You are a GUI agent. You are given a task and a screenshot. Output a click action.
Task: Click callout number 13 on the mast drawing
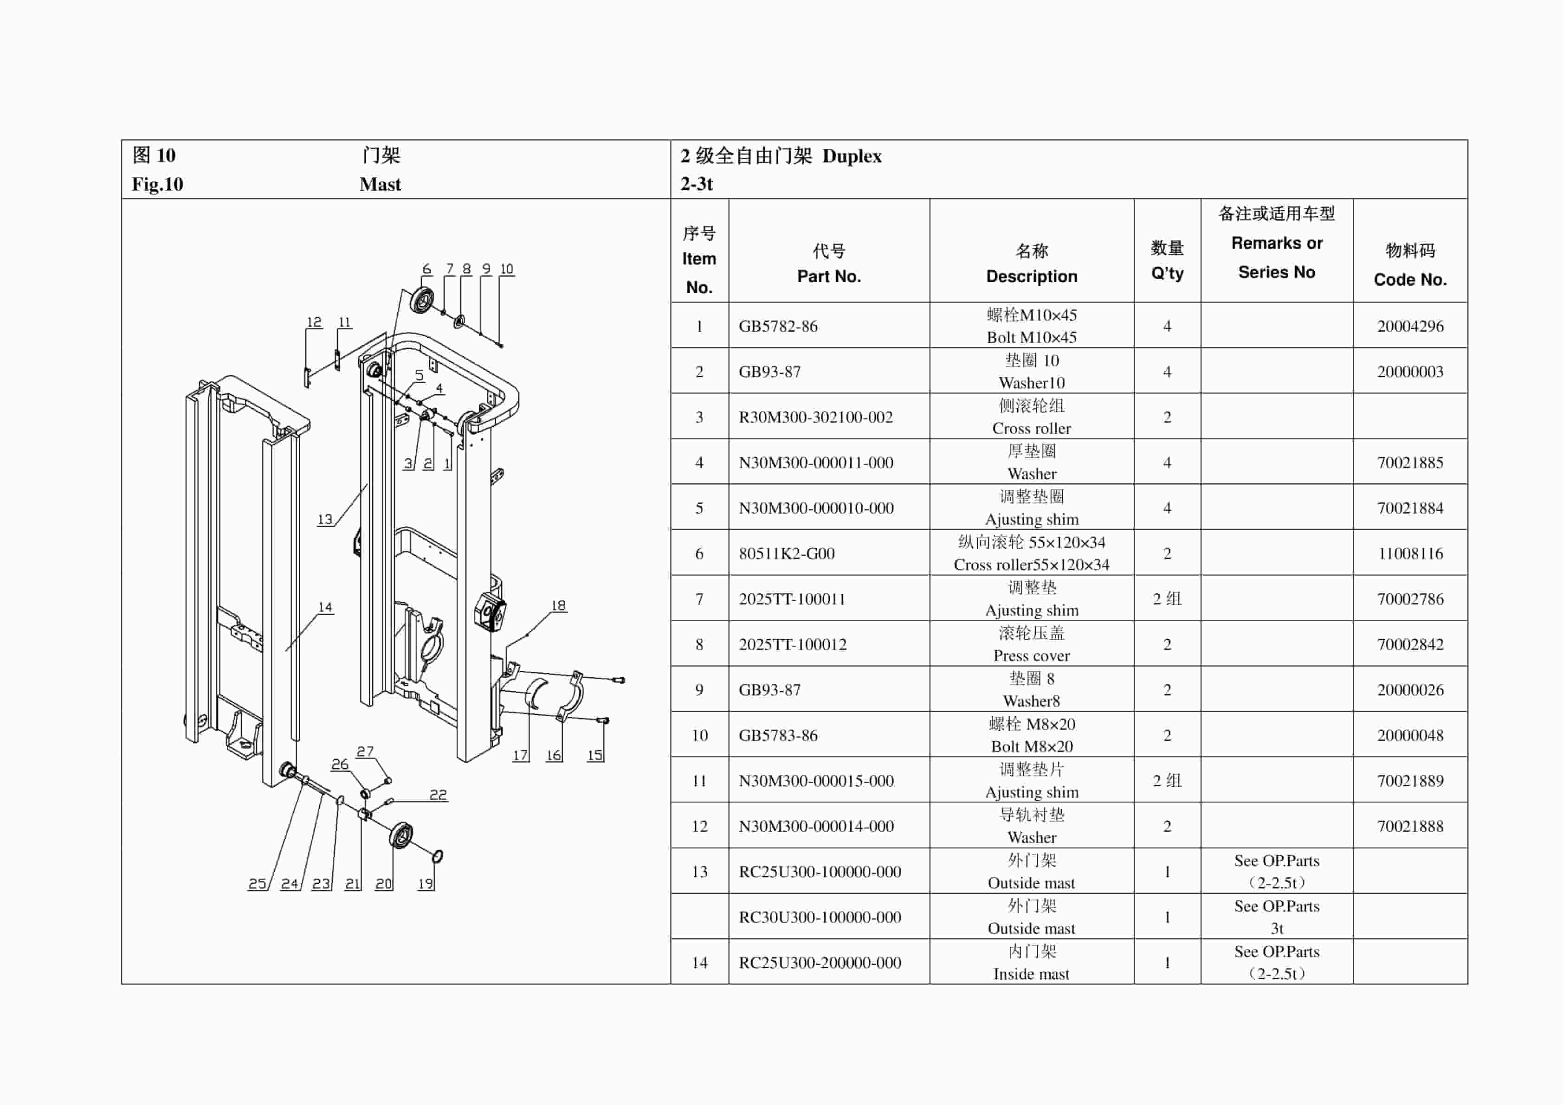(325, 519)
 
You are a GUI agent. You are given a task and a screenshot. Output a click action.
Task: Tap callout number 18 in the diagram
(558, 605)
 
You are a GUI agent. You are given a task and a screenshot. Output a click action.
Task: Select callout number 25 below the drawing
(257, 883)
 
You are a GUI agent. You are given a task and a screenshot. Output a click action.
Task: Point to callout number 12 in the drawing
(314, 322)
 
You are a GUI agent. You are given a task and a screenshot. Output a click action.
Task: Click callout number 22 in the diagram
(438, 794)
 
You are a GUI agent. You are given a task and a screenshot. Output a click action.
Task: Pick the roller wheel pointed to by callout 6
(421, 301)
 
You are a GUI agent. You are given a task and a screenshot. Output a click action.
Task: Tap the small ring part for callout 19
(437, 856)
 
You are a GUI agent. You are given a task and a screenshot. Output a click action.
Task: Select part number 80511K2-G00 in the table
(786, 553)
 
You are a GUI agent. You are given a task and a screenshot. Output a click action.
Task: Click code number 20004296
(1410, 326)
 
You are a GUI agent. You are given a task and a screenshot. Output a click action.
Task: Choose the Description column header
(1031, 263)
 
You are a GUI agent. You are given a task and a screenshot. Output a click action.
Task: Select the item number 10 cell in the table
(699, 735)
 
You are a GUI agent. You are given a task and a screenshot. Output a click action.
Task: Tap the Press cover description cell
(1031, 644)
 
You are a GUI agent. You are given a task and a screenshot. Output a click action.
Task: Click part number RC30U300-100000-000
(820, 917)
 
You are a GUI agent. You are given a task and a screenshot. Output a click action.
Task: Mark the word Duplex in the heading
(852, 156)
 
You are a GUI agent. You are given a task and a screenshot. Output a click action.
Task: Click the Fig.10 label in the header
(157, 184)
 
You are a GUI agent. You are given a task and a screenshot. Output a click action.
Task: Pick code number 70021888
(1410, 826)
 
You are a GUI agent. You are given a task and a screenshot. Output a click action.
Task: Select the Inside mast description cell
(1031, 962)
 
